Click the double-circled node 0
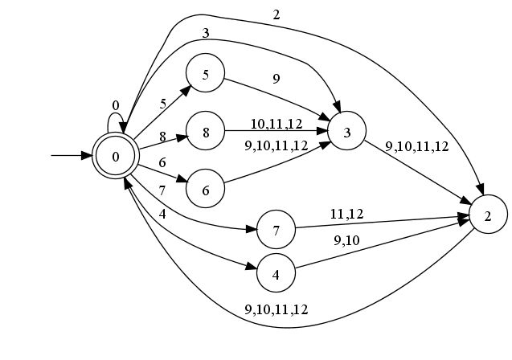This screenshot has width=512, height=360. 116,155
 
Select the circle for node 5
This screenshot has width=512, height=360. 206,75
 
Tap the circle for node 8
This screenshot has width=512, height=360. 206,133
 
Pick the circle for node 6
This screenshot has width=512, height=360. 206,190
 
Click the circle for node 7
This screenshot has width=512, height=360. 276,231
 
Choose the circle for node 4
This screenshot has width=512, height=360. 276,274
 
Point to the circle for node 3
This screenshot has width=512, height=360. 346,133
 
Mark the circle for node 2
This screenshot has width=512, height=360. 487,217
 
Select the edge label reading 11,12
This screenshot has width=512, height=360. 346,214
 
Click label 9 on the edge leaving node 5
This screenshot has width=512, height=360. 276,79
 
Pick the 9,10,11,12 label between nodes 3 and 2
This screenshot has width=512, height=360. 416,146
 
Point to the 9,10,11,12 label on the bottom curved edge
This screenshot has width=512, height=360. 277,309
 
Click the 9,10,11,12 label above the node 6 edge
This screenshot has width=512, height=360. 276,145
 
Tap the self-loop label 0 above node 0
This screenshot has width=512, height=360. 116,105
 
